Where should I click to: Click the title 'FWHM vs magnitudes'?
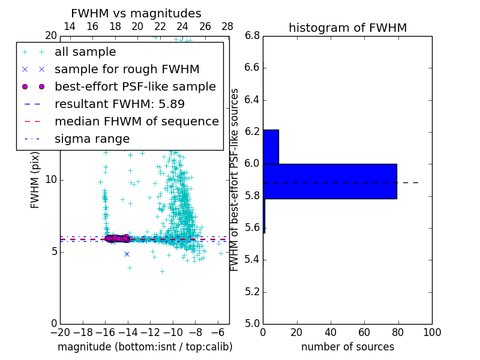136,13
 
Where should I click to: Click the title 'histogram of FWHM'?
347,28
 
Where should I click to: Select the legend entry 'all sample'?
85,52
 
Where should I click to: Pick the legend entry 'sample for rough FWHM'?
127,70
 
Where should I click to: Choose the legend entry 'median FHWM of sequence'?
136,122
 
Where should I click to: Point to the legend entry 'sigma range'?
92,139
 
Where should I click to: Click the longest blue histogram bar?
330,181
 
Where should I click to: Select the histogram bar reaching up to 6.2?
271,146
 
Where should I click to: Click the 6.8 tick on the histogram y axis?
251,35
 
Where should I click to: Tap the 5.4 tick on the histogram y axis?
251,260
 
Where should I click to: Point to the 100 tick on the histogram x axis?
431,332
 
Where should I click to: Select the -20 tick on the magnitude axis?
60,332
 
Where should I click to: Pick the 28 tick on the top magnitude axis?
227,26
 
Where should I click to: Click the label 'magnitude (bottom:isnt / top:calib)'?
145,347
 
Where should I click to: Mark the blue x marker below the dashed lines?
127,254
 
